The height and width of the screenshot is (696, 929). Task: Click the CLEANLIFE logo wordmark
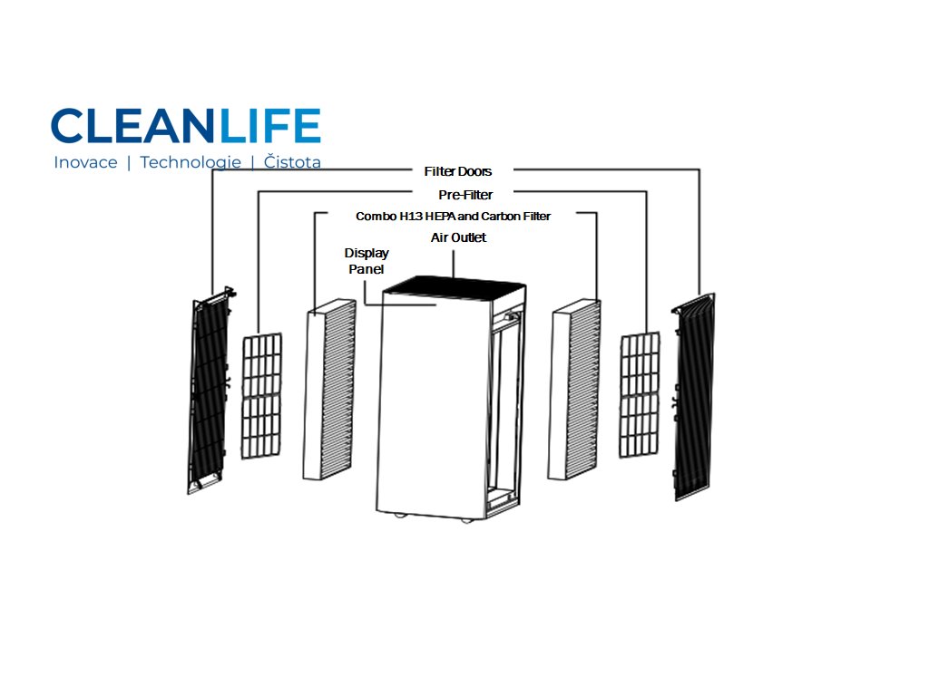point(185,126)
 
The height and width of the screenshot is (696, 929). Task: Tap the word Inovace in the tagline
point(85,163)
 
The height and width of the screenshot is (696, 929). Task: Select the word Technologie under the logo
point(191,163)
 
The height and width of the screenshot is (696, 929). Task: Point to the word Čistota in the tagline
point(291,163)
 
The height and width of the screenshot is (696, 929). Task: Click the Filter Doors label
point(457,171)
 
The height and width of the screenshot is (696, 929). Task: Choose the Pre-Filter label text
point(464,195)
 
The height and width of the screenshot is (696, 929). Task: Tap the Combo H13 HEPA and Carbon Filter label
point(453,217)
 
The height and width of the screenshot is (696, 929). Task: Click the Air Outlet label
point(458,237)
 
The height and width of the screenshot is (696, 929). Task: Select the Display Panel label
point(367,261)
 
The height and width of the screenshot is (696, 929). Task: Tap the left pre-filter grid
point(261,395)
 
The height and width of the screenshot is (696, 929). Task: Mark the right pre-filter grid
point(640,394)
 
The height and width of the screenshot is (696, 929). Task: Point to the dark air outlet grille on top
point(455,286)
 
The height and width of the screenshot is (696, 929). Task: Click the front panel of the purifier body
point(431,408)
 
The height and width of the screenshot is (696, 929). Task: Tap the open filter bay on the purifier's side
point(504,408)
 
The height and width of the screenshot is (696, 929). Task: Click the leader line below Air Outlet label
point(453,261)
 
